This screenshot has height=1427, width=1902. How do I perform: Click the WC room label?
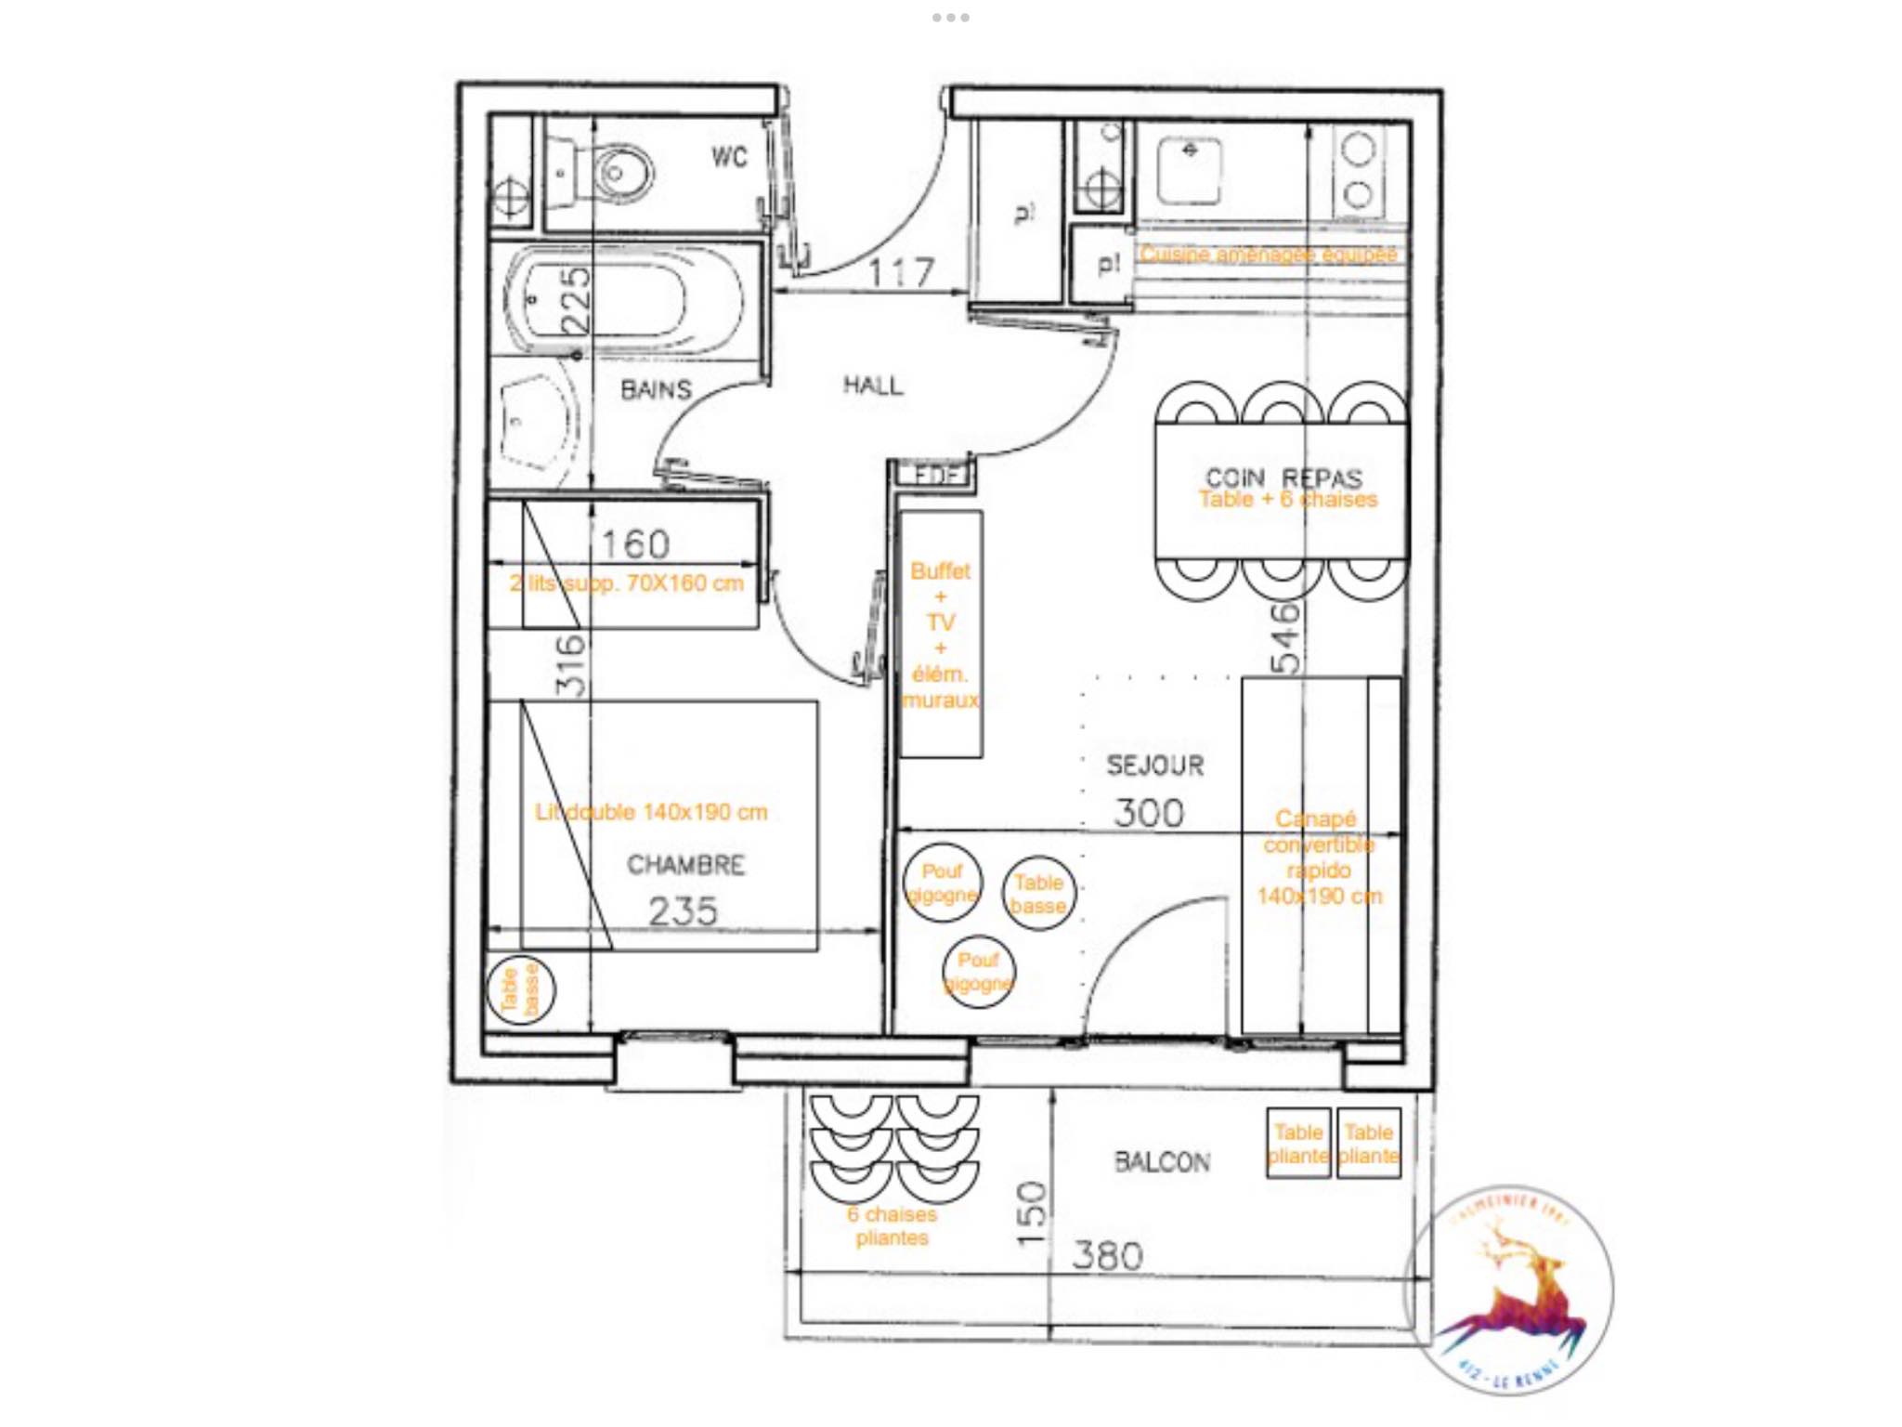(729, 157)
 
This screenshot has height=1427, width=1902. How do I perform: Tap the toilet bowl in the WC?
(617, 173)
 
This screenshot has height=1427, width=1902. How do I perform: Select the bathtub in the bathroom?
(622, 299)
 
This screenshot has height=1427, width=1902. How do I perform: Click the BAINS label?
(656, 389)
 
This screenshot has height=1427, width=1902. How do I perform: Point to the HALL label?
(872, 385)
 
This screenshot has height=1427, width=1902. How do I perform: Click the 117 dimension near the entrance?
(900, 273)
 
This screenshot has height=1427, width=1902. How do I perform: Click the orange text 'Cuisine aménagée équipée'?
(1268, 254)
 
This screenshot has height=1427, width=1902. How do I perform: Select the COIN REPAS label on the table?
(1283, 478)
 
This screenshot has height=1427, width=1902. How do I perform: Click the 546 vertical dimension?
(1286, 637)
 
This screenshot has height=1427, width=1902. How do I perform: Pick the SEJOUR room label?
(1154, 766)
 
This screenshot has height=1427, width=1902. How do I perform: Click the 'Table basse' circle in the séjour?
(1038, 894)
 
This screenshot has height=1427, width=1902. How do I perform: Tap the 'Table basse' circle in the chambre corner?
(520, 989)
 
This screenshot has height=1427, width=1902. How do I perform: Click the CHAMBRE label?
(685, 865)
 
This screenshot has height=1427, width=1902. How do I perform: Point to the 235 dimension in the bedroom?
(683, 911)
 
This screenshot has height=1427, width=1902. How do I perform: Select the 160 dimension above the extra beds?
(635, 544)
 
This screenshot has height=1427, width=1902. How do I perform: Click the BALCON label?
(1162, 1162)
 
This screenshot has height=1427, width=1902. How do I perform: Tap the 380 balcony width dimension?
(1107, 1256)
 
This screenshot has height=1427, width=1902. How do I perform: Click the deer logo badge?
(1512, 1291)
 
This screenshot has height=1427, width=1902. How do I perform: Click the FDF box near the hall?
(934, 476)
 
